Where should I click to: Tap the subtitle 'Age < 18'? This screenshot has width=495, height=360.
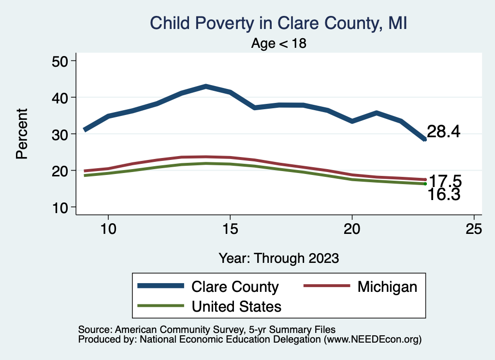click(x=279, y=43)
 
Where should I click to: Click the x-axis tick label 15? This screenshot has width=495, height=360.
click(x=230, y=229)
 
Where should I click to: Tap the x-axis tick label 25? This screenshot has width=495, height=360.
click(x=474, y=229)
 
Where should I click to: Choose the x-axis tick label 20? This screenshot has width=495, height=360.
click(x=352, y=229)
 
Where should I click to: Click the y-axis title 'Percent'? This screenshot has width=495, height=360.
click(x=22, y=134)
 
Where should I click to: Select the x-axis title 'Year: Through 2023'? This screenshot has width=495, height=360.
click(x=279, y=258)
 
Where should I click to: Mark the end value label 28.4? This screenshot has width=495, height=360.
click(x=443, y=131)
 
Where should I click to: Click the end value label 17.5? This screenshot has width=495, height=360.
click(x=445, y=182)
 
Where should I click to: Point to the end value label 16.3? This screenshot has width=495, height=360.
click(x=443, y=195)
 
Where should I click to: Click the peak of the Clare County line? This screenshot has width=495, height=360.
click(x=206, y=86)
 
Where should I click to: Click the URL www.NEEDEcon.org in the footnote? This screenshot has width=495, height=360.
click(x=372, y=339)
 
